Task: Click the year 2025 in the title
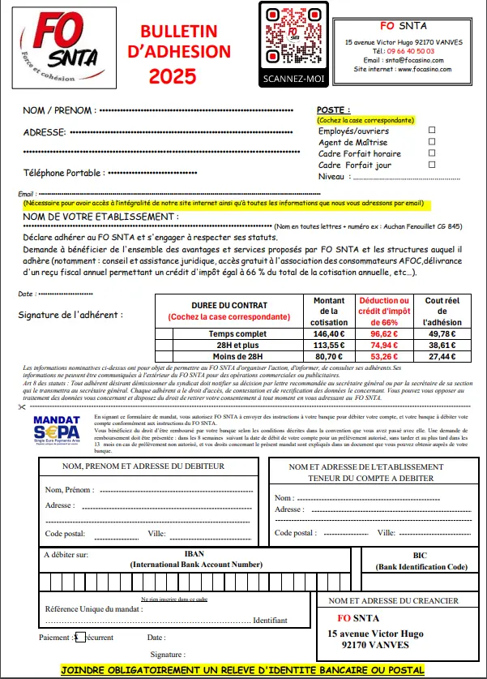point(173,77)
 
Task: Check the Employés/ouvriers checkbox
point(432,130)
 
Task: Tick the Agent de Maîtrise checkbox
point(432,142)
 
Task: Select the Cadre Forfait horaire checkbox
point(432,153)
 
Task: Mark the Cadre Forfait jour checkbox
point(432,165)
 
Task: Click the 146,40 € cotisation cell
point(328,333)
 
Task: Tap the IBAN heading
point(194,555)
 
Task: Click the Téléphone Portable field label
point(63,173)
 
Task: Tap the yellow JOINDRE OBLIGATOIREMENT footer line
point(242,670)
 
